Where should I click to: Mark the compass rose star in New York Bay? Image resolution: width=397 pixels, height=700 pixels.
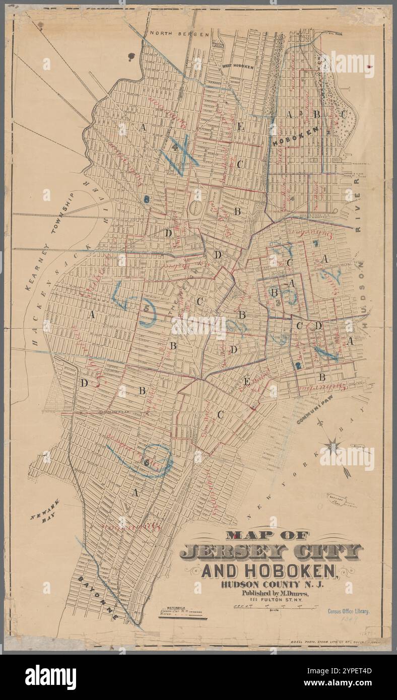pos(333,445)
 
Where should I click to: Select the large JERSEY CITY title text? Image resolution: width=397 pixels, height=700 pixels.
pos(271,552)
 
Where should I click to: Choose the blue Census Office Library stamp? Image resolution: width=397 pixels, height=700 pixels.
pos(348,611)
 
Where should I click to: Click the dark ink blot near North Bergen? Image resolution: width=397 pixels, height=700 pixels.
pos(132,56)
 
